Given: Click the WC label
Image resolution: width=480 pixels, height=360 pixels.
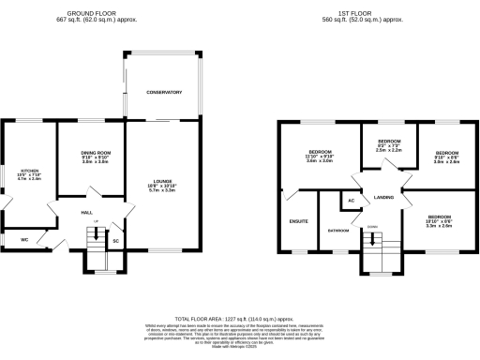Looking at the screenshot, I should point(24,238).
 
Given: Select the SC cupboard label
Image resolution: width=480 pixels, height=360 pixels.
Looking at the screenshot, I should point(116,240).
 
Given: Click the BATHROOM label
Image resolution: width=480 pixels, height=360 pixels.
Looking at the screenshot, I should point(338,229).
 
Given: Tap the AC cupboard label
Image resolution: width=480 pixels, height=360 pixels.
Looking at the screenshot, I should point(351,201).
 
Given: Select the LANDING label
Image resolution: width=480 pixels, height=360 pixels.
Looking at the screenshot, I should point(383,198).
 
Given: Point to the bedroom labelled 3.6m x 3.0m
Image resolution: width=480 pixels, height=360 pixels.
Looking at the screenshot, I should point(321,156).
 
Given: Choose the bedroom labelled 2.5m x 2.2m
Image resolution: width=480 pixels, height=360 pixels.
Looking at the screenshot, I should point(388,147).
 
